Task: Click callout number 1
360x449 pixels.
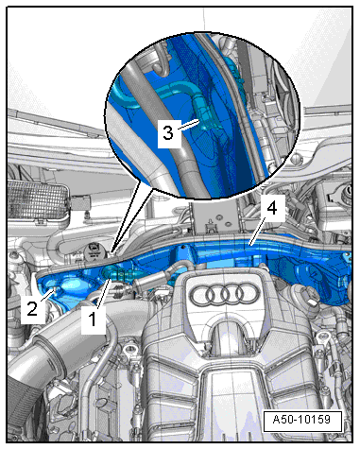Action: (x=93, y=319)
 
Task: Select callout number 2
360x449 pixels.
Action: (x=32, y=308)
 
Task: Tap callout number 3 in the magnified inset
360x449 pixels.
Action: (x=168, y=132)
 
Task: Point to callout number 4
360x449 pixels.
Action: (x=272, y=208)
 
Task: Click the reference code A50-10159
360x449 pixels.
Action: (x=301, y=420)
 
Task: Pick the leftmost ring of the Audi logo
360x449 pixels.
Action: (x=202, y=295)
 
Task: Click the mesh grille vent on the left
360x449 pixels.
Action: (x=38, y=198)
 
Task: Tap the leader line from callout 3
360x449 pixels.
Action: (x=188, y=124)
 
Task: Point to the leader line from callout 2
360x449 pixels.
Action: (x=47, y=294)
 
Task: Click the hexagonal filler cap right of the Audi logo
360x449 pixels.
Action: (x=308, y=299)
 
